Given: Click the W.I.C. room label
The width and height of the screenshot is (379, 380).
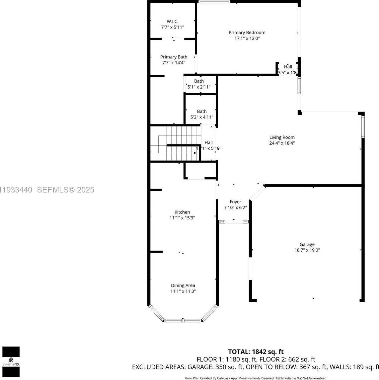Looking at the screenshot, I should tap(172, 22).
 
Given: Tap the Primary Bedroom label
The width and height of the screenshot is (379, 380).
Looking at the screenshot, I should tap(247, 33).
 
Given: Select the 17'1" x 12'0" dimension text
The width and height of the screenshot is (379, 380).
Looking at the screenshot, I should tap(247, 38).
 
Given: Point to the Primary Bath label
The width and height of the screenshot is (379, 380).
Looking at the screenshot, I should tap(174, 57).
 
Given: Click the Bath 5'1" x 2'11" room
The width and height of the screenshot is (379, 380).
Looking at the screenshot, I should tap(199, 84).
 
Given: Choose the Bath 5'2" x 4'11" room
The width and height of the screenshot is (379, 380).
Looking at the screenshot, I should tap(201, 114).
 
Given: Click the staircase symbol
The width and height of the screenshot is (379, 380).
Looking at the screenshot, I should tap(179, 143).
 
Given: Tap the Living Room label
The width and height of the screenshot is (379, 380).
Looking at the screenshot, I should tap(282, 137).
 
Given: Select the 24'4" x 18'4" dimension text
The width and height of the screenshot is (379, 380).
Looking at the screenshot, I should tap(282, 143).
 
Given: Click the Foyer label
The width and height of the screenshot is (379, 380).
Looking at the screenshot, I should tap(235, 202).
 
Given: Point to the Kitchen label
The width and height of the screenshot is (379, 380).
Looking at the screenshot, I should tap(182, 212).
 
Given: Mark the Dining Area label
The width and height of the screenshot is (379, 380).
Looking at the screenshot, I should tap(183, 285).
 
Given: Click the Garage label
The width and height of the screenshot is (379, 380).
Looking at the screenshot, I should tap(307, 245).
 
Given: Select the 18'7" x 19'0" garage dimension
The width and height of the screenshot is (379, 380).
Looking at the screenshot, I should tap(307, 251).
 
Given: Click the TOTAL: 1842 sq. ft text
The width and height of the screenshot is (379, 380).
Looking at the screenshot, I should tap(256, 352).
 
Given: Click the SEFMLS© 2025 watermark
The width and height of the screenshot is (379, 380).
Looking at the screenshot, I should tap(65, 190).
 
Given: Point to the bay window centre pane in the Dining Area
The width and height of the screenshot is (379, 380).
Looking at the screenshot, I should tap(183, 320).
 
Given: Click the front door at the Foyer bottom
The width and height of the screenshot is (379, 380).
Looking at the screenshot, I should tap(234, 221).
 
